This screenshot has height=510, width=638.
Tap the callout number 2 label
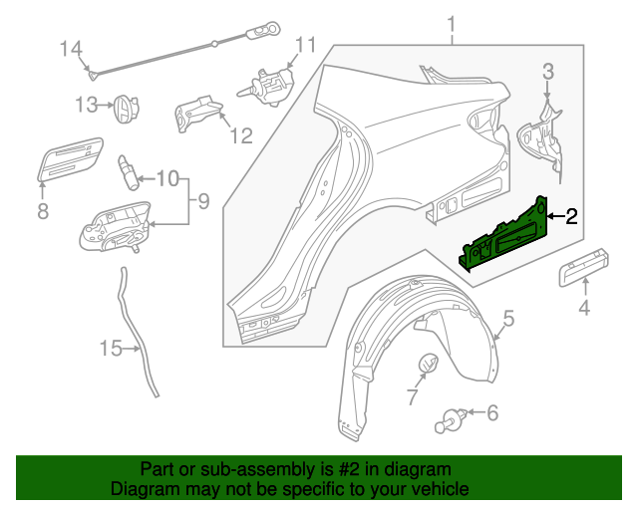pos(571,216)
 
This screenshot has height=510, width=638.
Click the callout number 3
pos(548,71)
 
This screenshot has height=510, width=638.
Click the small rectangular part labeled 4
pos(583,264)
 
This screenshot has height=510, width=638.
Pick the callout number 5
pos(507,319)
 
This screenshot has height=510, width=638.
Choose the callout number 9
pos(202,202)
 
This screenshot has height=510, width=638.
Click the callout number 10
pos(166,179)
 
